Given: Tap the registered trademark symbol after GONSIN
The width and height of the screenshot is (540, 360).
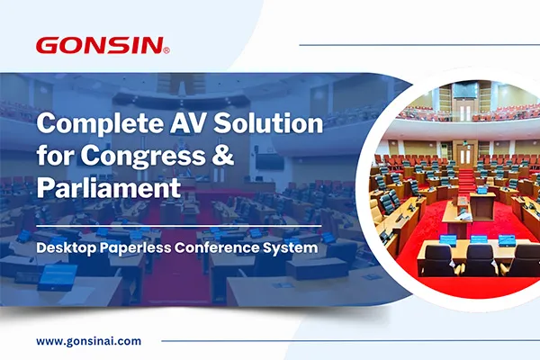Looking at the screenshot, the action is [x=166, y=51].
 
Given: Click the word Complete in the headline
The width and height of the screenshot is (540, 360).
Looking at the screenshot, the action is [x=100, y=124].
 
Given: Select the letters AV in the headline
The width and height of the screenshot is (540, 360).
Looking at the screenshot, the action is [x=188, y=123].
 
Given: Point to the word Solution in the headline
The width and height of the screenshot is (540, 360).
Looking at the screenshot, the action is [x=268, y=123].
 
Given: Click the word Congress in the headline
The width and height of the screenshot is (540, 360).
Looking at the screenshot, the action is [x=142, y=156].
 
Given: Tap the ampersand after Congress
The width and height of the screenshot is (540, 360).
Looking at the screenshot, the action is [x=222, y=155].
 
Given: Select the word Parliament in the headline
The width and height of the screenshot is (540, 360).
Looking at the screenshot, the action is [x=109, y=187].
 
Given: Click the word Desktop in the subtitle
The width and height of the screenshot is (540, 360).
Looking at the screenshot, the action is [x=66, y=248].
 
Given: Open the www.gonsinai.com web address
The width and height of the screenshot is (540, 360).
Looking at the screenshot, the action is [x=88, y=341].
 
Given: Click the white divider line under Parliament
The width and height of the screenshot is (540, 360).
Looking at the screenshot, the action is [x=179, y=226].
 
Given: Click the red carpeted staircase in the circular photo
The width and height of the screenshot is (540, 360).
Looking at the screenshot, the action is [x=466, y=180].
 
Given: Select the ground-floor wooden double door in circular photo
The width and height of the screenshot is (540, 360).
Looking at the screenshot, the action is [x=465, y=156].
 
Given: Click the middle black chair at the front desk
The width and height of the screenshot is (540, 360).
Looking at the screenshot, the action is [x=480, y=259].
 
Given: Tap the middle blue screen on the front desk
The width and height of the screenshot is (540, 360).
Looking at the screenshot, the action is [x=479, y=239].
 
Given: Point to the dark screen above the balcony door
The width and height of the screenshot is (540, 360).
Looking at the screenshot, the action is [x=464, y=90].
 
